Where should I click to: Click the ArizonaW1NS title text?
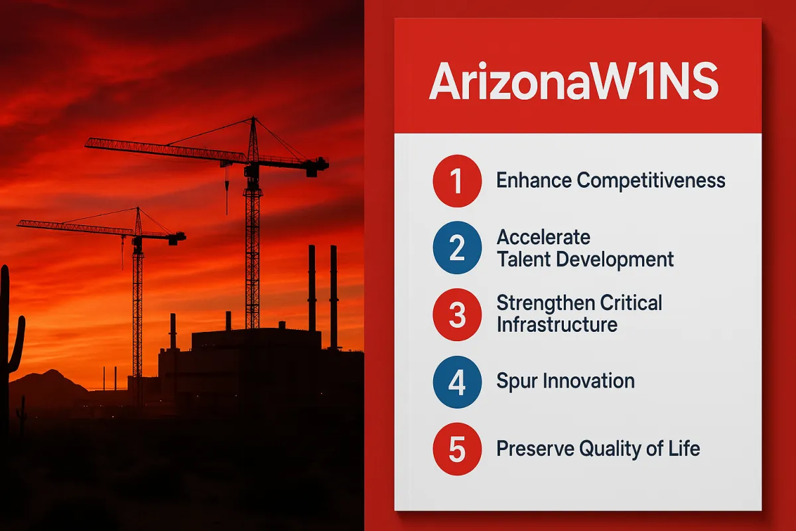pos(574,83)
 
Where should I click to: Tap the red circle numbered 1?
pos(456,181)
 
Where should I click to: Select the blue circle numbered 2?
pos(456,248)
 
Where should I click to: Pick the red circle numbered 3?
pos(456,315)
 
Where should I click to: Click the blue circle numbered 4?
pos(456,382)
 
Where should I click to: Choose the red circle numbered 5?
pos(456,449)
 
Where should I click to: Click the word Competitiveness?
pos(651,181)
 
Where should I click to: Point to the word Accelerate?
pos(543,237)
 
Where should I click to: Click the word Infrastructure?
pos(557,325)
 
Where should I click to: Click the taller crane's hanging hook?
pos(226,192)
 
